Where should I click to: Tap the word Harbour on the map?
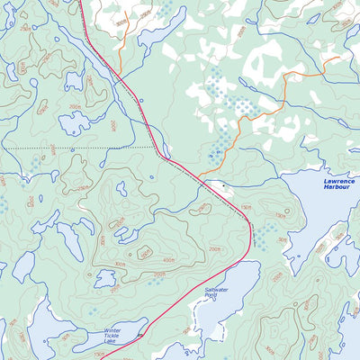click(339, 189)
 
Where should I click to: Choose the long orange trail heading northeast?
click(270, 99)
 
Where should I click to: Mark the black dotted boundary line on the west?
click(81, 147)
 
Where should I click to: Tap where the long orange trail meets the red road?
click(199, 175)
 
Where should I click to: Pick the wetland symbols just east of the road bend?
click(262, 236)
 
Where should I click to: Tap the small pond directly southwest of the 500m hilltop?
click(105, 281)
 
